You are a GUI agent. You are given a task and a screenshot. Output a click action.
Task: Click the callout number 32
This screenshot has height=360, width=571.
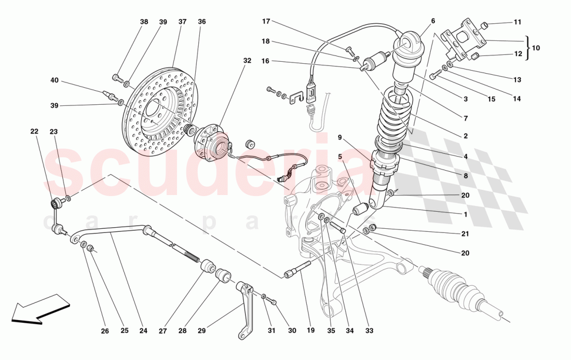(x=247, y=61)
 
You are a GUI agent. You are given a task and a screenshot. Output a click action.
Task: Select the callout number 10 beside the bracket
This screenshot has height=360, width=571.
(x=536, y=48)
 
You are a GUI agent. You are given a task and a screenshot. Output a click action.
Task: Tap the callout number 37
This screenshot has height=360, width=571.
(x=182, y=22)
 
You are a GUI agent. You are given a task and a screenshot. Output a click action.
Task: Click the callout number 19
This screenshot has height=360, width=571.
(x=310, y=330)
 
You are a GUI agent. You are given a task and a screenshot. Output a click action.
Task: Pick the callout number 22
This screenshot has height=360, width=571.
(x=34, y=132)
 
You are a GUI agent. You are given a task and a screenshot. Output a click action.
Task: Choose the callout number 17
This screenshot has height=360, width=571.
(x=266, y=21)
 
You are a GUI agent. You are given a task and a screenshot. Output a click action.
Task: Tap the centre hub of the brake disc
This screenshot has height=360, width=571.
(x=154, y=109)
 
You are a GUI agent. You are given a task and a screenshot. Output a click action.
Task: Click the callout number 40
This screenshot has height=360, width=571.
(x=55, y=80)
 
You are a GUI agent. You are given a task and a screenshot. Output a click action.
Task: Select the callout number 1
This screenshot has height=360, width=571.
(x=466, y=214)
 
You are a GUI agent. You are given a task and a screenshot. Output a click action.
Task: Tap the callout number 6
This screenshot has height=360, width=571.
(x=433, y=21)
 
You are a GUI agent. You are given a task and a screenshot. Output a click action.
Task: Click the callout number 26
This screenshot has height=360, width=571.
(x=105, y=330)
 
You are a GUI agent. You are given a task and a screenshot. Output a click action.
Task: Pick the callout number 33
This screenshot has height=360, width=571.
(x=369, y=330)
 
